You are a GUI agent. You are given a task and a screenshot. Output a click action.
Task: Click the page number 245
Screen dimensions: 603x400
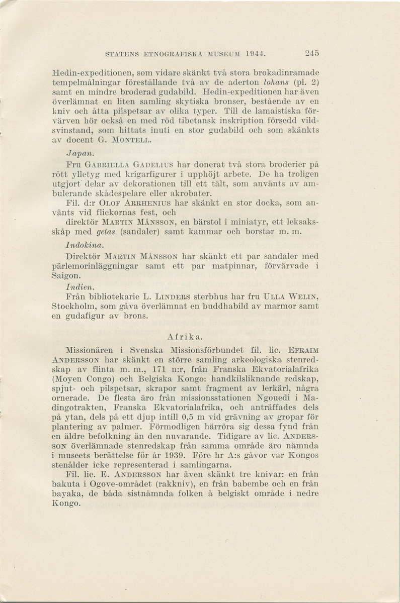(311, 53)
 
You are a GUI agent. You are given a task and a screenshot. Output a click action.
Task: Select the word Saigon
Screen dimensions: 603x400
(67, 276)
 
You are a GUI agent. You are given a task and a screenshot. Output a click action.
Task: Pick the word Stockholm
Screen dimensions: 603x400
(74, 307)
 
